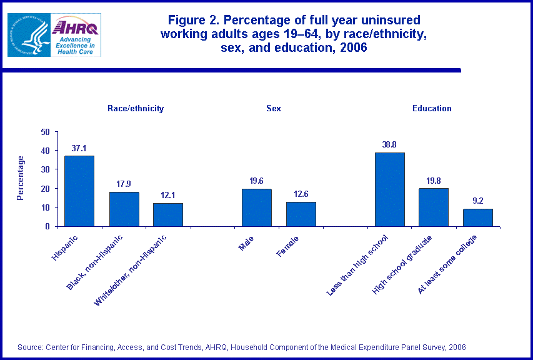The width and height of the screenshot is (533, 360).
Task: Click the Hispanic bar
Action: coord(79,191)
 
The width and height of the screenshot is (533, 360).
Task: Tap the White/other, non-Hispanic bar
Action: coord(168,214)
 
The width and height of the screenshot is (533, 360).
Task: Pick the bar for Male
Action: coord(256,207)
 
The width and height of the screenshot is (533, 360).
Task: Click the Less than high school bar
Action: coord(389,189)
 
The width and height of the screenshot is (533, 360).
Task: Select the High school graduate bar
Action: coord(434,207)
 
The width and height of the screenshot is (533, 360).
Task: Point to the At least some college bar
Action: coord(478,217)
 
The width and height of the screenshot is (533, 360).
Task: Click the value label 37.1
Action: coord(79,148)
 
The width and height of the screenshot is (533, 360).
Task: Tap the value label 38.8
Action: coord(389,145)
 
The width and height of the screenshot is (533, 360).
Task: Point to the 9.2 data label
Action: coord(478,201)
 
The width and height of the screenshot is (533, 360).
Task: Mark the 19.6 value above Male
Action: coord(256,181)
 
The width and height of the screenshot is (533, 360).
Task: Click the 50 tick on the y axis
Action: coord(46,132)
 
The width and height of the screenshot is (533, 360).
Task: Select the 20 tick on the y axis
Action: coord(46,189)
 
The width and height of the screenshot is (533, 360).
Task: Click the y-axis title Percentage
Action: coord(21,178)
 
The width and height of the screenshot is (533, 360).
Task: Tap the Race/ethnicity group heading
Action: coord(136,108)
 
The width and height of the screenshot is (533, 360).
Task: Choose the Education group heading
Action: coord(432,108)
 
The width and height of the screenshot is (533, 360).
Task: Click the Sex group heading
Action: coord(274,108)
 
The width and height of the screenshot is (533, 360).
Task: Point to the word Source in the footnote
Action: coord(30,347)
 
